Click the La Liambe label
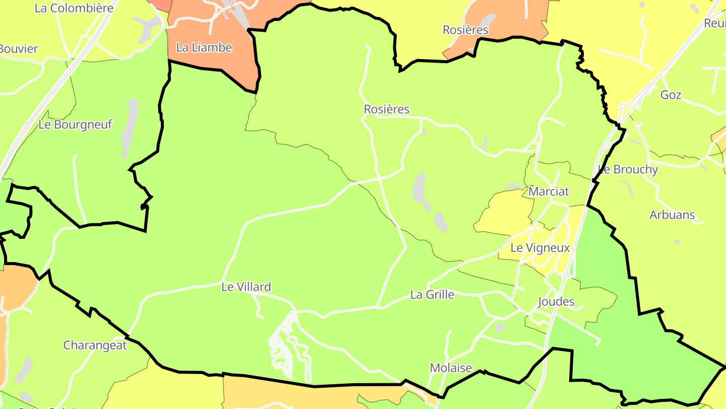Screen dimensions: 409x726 point(204,48)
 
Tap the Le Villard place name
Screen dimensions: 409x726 point(246,287)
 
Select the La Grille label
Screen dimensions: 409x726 point(432,294)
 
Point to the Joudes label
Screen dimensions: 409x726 point(556,302)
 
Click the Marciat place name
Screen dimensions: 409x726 point(549,192)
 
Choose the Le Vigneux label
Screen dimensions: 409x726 point(540,248)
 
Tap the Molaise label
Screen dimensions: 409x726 point(451,368)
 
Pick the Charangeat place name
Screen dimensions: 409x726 point(95,345)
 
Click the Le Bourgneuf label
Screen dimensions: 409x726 point(75,125)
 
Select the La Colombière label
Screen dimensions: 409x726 point(74,8)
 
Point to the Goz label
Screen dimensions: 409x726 point(671,95)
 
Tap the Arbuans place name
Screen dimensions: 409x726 point(672,215)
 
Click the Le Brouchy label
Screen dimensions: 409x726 point(628,170)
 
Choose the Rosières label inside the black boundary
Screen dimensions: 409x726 point(387,110)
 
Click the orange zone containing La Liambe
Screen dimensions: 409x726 point(222,61)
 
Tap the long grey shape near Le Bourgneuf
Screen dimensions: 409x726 point(129,126)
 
